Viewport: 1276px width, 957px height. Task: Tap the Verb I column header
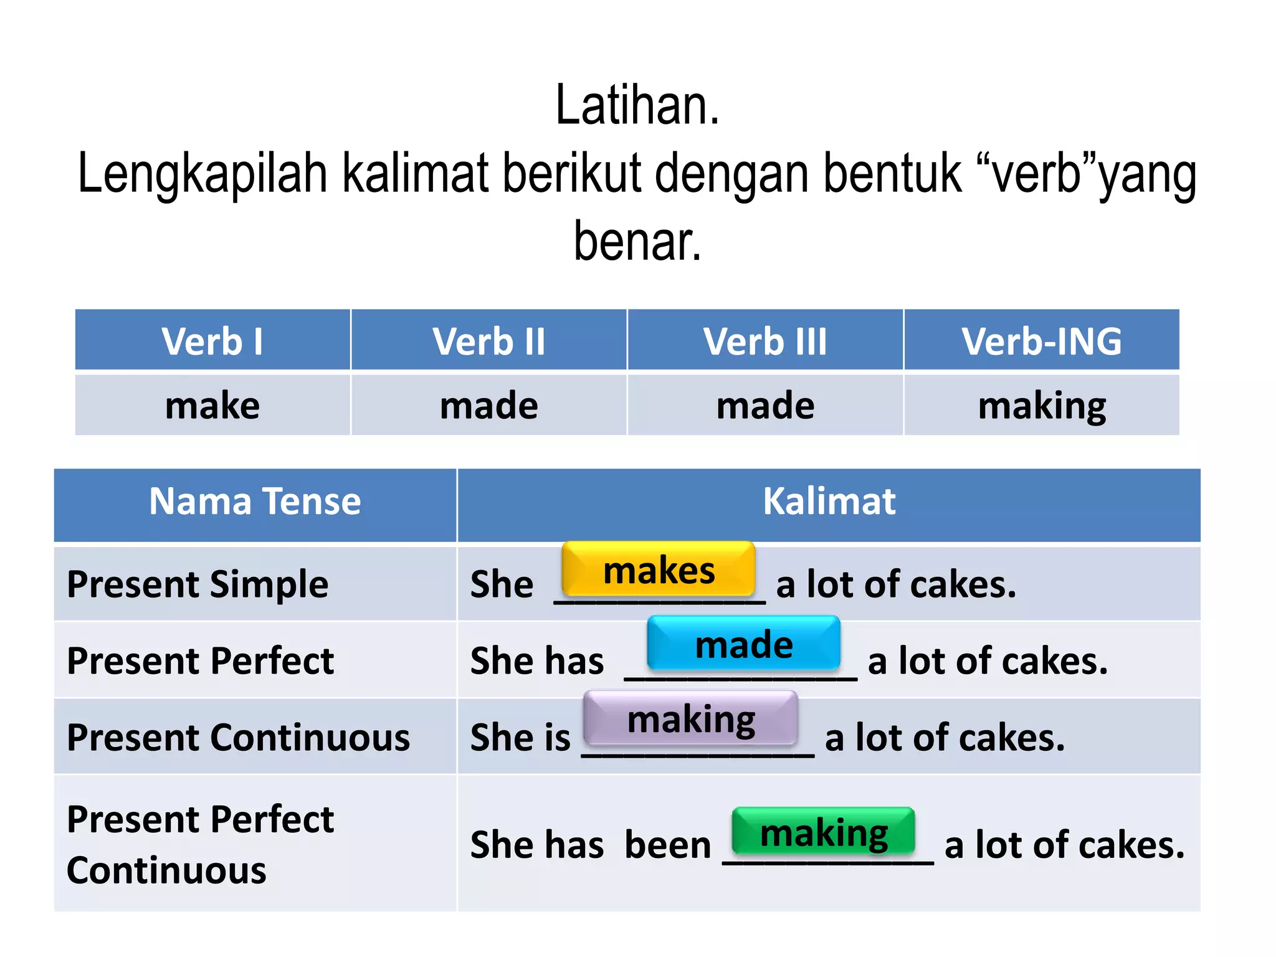pos(212,341)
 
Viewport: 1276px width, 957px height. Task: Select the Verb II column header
pos(489,341)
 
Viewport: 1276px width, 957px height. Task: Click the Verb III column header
pos(765,341)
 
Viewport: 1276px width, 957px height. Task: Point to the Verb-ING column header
pos(1042,341)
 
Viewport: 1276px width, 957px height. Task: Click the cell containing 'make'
pos(212,406)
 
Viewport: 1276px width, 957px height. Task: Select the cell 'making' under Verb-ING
pos(1042,406)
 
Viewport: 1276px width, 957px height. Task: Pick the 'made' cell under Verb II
pos(489,406)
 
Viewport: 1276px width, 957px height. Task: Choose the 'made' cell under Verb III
pos(765,406)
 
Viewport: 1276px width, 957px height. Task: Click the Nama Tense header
pos(255,502)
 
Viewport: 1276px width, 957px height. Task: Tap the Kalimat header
pos(829,502)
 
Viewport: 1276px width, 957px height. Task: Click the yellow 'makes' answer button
pos(659,569)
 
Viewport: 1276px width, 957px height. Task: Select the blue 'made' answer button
pos(744,644)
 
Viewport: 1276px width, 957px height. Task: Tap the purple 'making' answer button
pos(690,718)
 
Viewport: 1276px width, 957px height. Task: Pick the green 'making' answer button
pos(824,832)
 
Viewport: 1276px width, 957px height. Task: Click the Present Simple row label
pos(198,584)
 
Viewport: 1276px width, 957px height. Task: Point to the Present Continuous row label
pos(238,738)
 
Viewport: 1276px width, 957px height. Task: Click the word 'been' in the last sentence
pos(667,845)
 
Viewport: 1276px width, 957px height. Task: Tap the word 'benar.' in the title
pos(637,241)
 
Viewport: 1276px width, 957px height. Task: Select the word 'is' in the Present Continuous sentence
pos(557,738)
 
